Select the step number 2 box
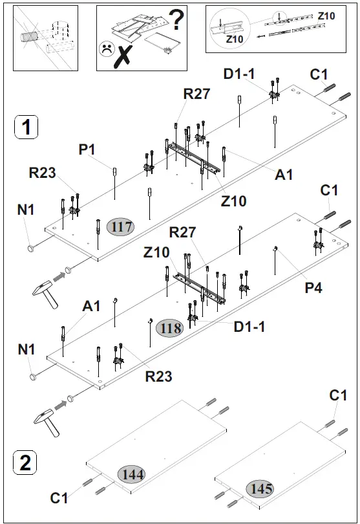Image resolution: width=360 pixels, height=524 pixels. tap(25, 463)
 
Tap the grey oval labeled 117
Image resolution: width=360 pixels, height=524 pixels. tap(121, 227)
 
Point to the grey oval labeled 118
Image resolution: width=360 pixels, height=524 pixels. tap(169, 328)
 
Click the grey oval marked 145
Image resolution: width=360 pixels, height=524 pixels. tap(259, 488)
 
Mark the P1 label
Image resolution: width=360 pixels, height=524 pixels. tap(87, 149)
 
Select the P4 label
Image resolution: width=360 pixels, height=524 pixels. tap(313, 287)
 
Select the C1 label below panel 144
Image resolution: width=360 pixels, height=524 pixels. tap(59, 497)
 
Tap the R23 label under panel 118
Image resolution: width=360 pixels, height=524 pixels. tap(158, 375)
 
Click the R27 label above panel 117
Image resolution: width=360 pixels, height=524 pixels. tap(196, 93)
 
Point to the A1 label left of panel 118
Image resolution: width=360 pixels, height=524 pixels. tap(91, 305)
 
